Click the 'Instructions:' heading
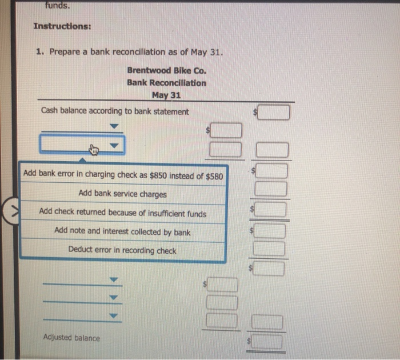tap(62, 27)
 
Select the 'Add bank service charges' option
tap(122, 194)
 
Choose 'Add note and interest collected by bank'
tap(122, 231)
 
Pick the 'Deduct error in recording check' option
tap(122, 250)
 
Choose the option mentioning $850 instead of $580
tap(123, 174)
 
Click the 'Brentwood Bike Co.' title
tap(166, 71)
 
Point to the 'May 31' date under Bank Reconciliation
tap(166, 95)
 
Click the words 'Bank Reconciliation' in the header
tap(166, 83)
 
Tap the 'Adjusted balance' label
tap(71, 338)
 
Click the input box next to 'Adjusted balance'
tap(267, 342)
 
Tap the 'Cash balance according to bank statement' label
tap(115, 111)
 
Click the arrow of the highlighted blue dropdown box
tap(115, 146)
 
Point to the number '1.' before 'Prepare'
tap(40, 52)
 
